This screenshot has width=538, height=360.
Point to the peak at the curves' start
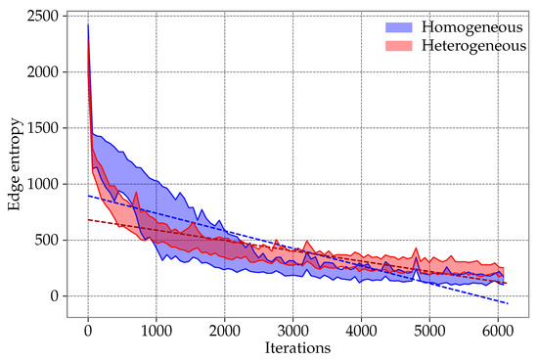point(88,25)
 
